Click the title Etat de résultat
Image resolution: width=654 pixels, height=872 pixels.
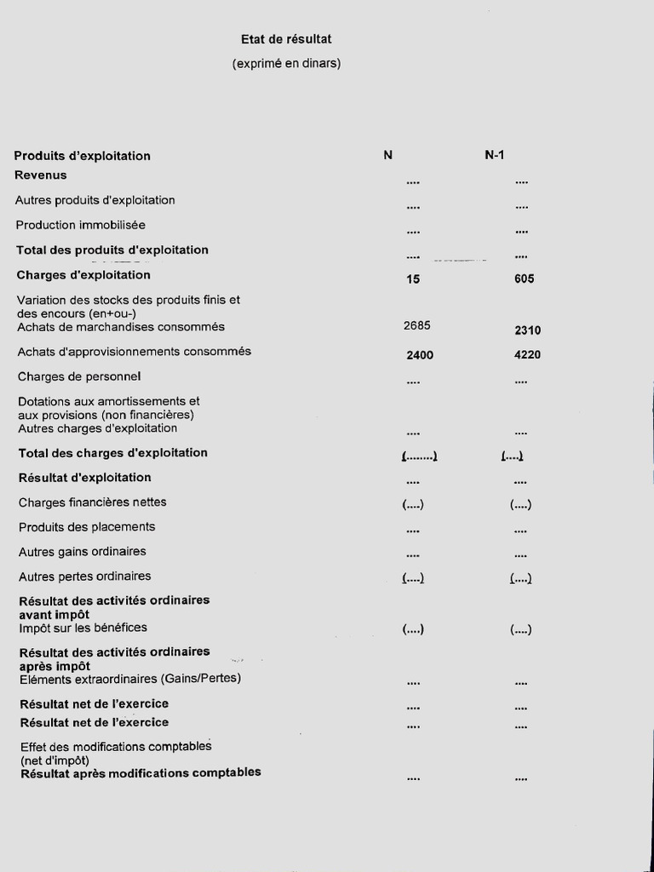(x=285, y=39)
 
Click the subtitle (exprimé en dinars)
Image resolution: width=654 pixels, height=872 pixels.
(x=286, y=63)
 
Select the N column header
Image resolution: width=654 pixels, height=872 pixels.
(x=387, y=155)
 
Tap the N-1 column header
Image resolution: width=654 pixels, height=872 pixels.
(x=495, y=155)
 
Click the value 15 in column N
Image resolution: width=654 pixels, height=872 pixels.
(x=413, y=278)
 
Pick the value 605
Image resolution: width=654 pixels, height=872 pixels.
(x=525, y=278)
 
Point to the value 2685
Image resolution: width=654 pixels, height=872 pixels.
(x=416, y=325)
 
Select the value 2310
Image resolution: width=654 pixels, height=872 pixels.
(x=527, y=330)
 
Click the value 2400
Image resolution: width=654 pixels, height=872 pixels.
(x=420, y=355)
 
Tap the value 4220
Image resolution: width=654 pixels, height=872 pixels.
(x=527, y=355)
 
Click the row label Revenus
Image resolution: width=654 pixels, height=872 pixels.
(x=41, y=175)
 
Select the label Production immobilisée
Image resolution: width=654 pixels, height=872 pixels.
(x=80, y=225)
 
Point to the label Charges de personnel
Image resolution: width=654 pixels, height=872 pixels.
(x=79, y=376)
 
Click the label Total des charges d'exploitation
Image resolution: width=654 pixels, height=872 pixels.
(x=112, y=453)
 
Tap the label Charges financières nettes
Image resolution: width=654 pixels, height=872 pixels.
(x=93, y=502)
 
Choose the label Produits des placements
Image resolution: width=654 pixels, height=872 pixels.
(x=87, y=527)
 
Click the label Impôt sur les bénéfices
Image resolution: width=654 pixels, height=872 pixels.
(x=83, y=628)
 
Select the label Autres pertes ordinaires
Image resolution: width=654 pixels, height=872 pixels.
(x=84, y=577)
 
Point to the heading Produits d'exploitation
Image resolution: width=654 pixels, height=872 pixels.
(x=82, y=156)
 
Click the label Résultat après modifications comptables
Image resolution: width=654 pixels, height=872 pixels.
(x=141, y=773)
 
